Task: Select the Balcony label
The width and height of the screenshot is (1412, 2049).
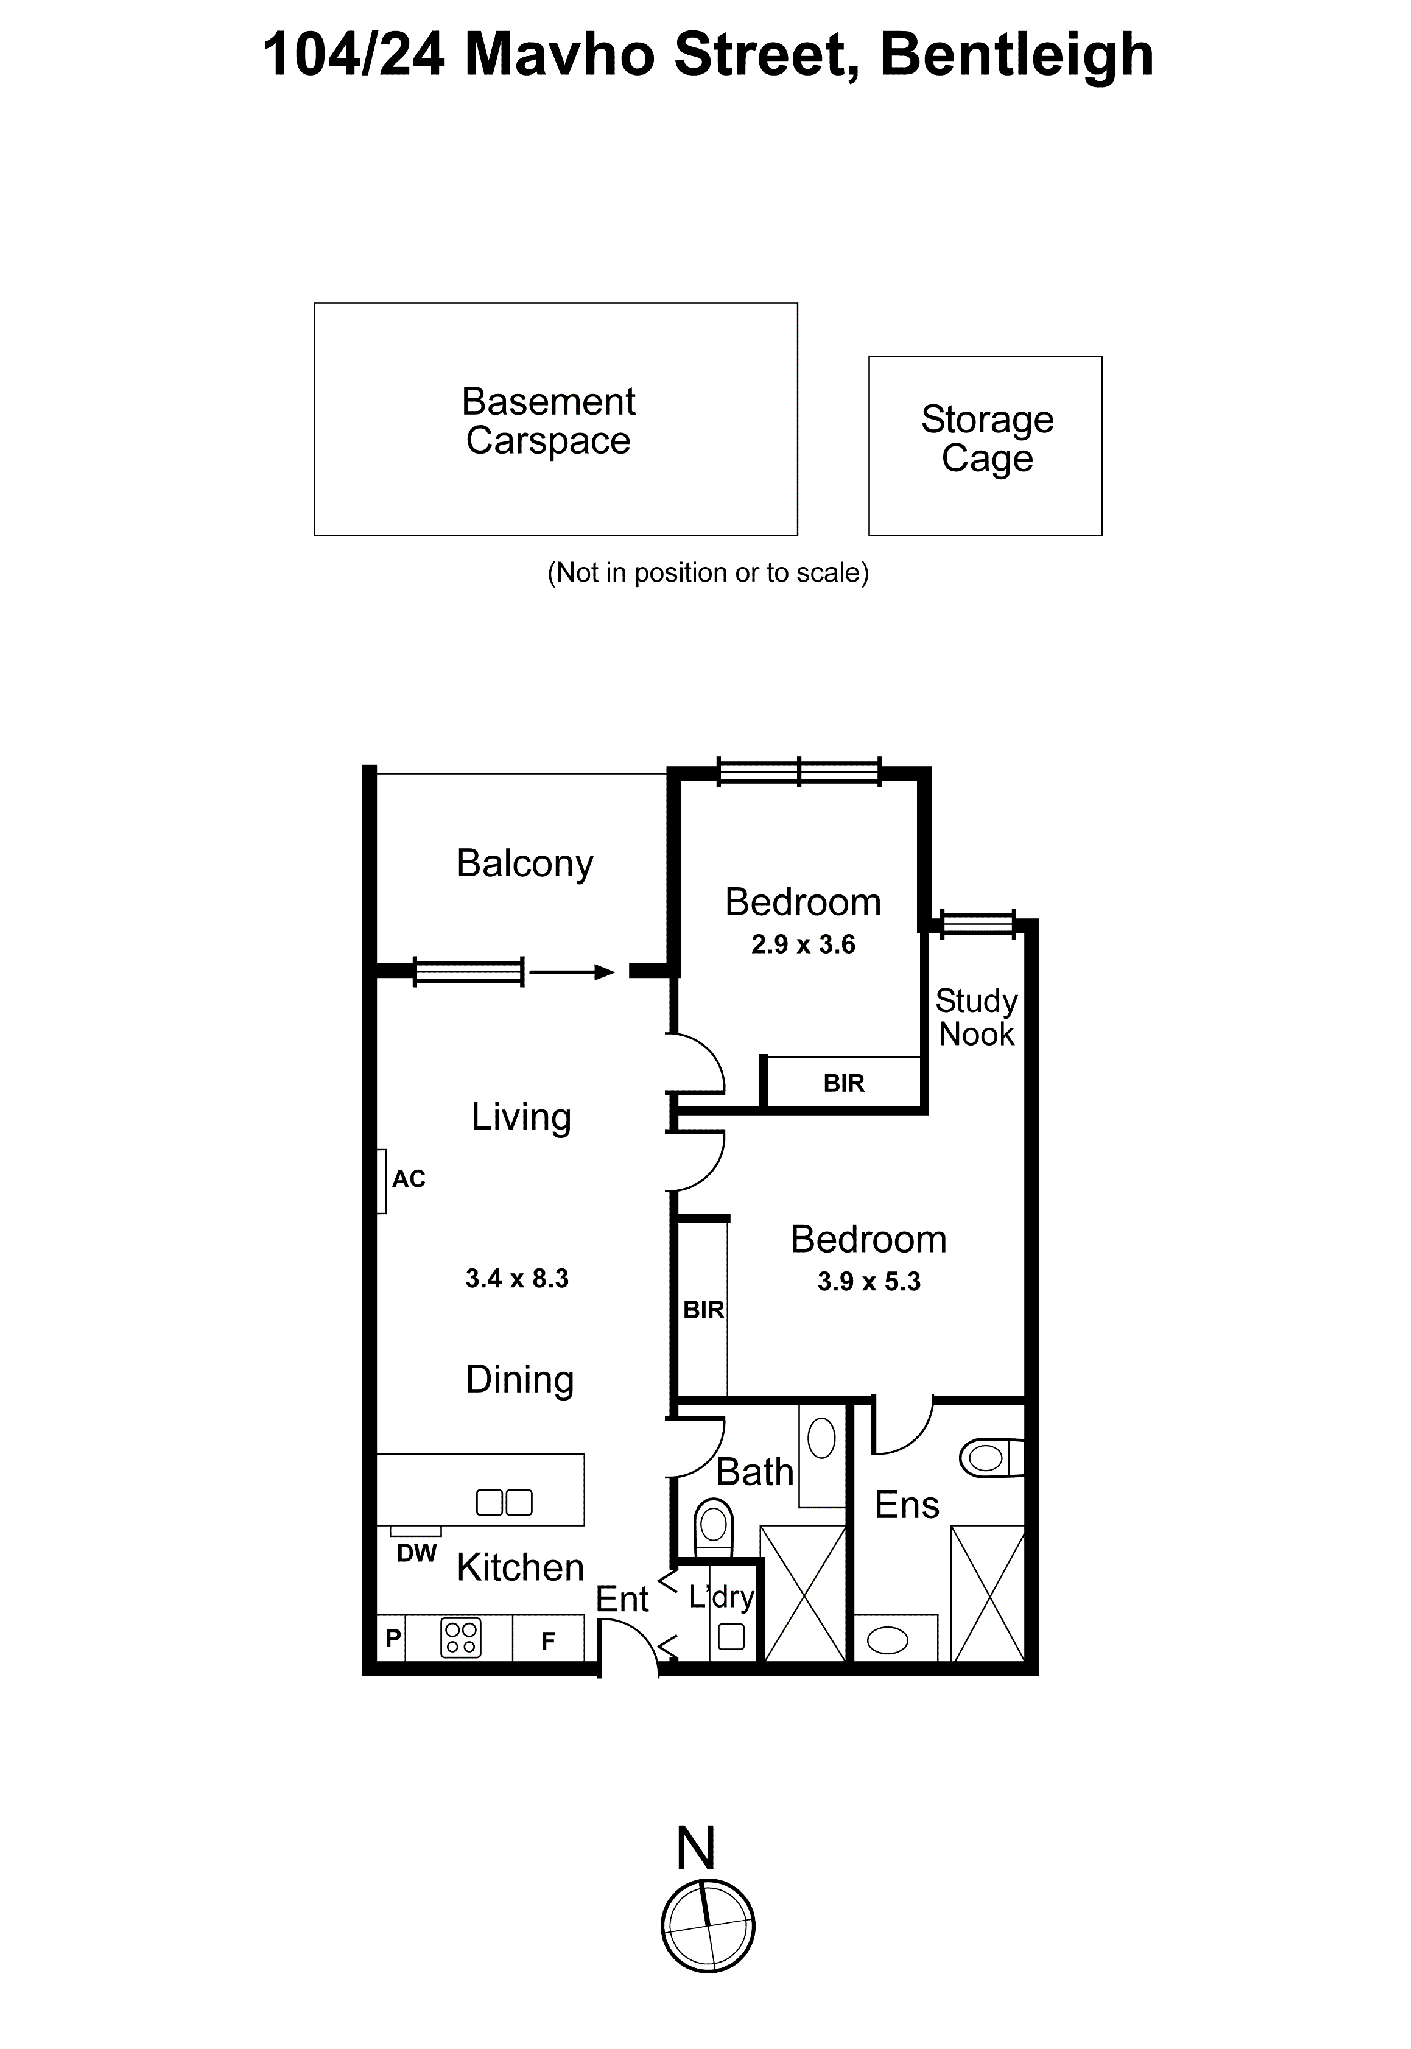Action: [525, 863]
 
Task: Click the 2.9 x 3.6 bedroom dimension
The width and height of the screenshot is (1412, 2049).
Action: [803, 945]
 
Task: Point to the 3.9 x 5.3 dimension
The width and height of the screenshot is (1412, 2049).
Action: [869, 1282]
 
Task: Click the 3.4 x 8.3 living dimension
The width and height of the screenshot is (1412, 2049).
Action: [517, 1278]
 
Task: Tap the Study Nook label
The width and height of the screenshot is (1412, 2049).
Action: [976, 1017]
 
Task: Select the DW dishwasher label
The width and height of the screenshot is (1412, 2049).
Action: [416, 1553]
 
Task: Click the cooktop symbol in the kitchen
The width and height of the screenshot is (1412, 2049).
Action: [460, 1637]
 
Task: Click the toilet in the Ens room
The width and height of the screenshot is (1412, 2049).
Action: [990, 1458]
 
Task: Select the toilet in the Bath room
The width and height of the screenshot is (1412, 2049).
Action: [713, 1525]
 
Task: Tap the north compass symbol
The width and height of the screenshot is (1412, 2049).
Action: [708, 1926]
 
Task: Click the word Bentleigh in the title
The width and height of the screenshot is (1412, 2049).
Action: [1017, 55]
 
